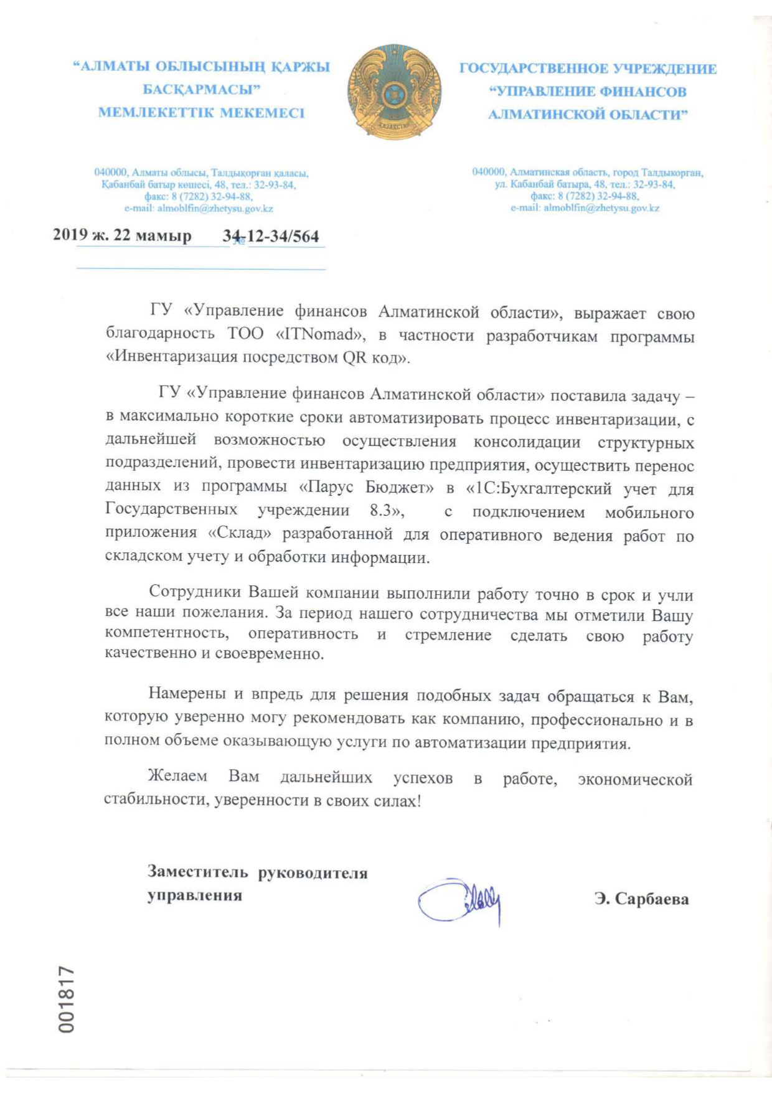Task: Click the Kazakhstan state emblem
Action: pos(394,90)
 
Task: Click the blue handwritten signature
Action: pos(461,900)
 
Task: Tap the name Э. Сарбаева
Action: pos(641,899)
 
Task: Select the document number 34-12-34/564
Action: pos(271,237)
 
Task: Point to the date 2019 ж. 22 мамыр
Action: pos(122,236)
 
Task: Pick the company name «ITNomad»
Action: pos(319,334)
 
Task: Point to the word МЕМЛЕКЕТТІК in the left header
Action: pos(156,113)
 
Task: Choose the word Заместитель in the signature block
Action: pos(197,872)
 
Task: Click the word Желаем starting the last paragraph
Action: pos(178,777)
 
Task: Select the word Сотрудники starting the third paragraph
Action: pos(195,592)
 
